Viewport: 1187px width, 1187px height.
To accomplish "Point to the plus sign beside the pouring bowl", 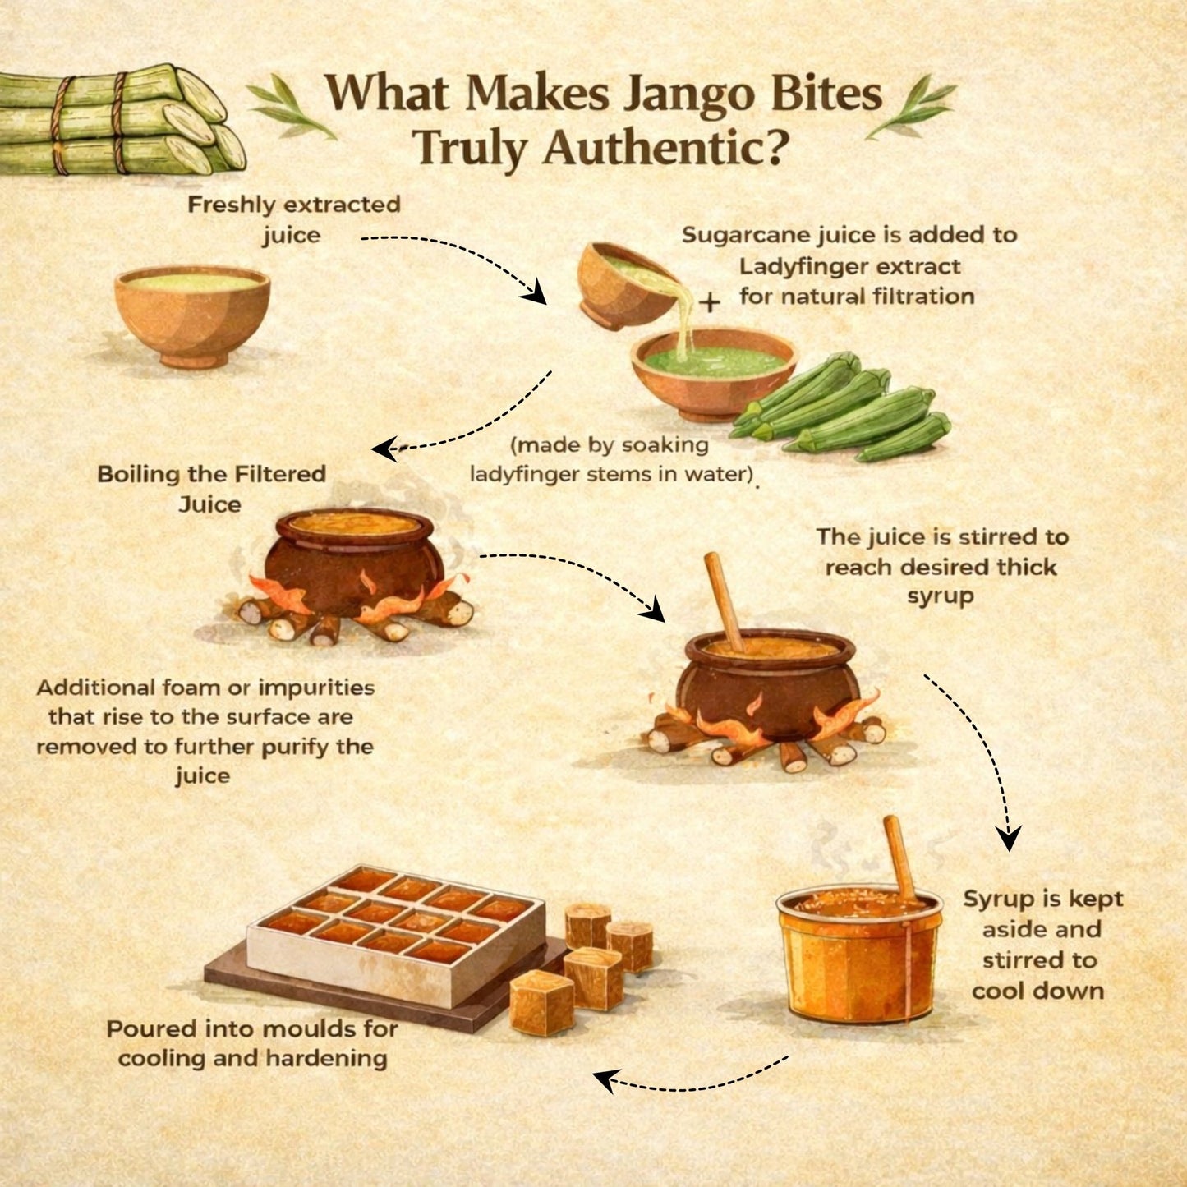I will tap(710, 302).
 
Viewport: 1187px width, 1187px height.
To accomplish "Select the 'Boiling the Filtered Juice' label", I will tap(211, 489).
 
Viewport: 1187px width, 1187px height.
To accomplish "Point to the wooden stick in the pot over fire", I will tap(725, 600).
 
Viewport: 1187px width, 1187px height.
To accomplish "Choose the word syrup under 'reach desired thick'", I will tap(940, 596).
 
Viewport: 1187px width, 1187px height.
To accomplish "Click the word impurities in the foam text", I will tap(317, 687).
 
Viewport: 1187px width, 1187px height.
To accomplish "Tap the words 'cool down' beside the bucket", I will tap(1037, 991).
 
